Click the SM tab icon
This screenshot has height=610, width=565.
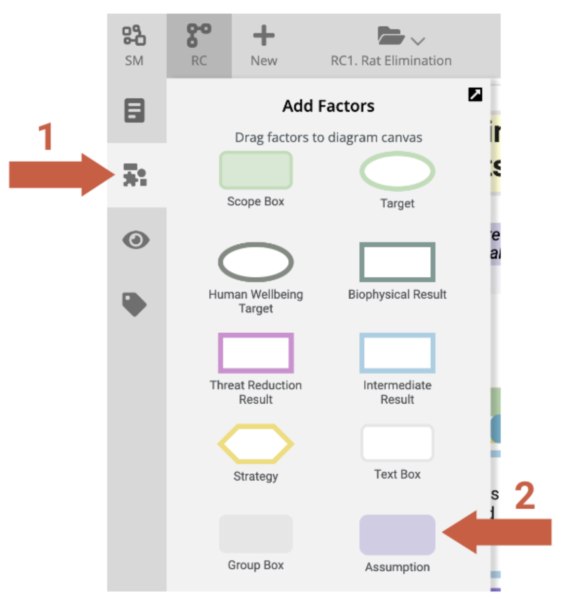click(134, 36)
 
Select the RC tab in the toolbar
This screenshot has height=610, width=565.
click(199, 36)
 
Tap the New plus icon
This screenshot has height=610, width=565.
click(264, 36)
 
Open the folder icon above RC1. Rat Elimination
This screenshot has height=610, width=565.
click(391, 36)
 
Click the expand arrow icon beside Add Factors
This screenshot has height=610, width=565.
click(475, 94)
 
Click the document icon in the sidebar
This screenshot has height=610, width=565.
click(134, 110)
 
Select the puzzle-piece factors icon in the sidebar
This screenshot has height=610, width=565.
click(135, 175)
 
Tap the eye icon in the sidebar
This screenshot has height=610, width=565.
click(136, 240)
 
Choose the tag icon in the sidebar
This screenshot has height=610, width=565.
click(134, 305)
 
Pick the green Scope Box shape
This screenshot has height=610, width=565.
click(256, 170)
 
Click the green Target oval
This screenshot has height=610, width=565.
click(397, 171)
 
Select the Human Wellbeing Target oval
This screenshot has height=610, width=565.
click(256, 262)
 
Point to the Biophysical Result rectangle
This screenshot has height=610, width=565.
click(397, 262)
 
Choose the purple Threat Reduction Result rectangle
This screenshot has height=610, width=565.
click(256, 353)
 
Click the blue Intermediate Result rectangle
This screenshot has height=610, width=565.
click(397, 353)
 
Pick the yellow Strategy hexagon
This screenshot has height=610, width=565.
click(256, 444)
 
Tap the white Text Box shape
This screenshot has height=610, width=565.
click(397, 443)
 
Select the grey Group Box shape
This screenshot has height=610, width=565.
click(256, 534)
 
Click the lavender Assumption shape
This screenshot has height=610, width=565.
click(397, 535)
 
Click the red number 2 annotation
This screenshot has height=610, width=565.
click(525, 496)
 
